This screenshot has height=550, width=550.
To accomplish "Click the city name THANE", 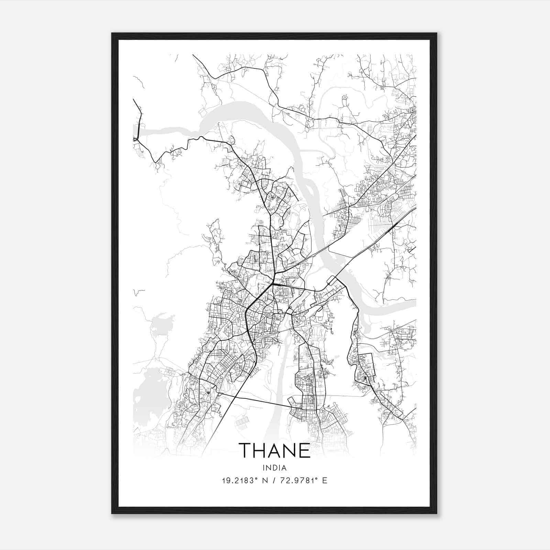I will point(275,451).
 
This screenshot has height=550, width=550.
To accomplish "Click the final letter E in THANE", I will point(305,451).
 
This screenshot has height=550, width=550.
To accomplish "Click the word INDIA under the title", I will point(275,467).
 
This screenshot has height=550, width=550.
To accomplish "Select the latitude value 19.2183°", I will point(240,481).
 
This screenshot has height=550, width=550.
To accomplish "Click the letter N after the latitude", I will point(265,481).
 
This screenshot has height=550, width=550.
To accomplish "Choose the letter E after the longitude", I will point(324,481).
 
